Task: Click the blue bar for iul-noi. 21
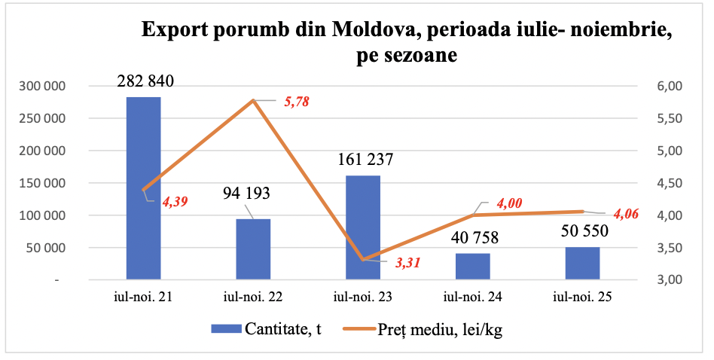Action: click(143, 188)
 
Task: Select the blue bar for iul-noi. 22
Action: click(253, 249)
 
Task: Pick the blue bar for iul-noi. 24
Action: click(473, 267)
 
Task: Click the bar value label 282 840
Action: click(145, 81)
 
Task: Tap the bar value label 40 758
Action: click(475, 237)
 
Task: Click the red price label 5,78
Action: click(297, 101)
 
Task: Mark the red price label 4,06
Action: click(626, 214)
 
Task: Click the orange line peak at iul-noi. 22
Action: click(253, 100)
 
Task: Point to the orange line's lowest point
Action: click(363, 260)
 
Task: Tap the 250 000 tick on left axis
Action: click(42, 118)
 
